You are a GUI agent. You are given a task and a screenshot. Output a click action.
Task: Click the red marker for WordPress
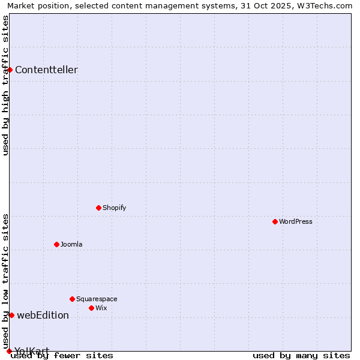tap(275, 221)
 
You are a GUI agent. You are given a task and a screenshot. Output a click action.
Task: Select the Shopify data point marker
tap(98, 208)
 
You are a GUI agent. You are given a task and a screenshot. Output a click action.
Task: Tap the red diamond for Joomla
tap(56, 244)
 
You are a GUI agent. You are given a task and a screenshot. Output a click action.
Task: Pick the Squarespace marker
tap(72, 299)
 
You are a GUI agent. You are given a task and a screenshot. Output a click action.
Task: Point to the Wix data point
tap(91, 308)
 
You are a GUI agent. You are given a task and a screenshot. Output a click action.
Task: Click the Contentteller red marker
tap(10, 70)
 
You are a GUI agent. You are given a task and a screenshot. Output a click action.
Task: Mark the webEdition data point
tap(11, 315)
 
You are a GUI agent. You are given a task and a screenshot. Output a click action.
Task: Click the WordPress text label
tap(296, 221)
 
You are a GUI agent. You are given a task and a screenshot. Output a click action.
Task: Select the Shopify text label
tap(114, 208)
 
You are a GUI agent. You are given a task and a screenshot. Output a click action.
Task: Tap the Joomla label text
tap(71, 244)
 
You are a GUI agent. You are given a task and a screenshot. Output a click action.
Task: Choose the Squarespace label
tap(97, 299)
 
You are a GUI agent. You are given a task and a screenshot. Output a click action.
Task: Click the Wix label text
tap(101, 308)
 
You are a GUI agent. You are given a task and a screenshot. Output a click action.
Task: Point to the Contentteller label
tap(46, 70)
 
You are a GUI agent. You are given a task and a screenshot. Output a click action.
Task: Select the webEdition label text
tap(43, 315)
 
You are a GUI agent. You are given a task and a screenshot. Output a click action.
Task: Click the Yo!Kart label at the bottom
tap(32, 350)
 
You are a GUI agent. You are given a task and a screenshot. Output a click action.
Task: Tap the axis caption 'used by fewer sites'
tap(62, 355)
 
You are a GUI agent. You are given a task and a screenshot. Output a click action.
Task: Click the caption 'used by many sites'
tap(301, 355)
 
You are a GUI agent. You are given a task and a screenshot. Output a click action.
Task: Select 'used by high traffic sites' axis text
tap(5, 85)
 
